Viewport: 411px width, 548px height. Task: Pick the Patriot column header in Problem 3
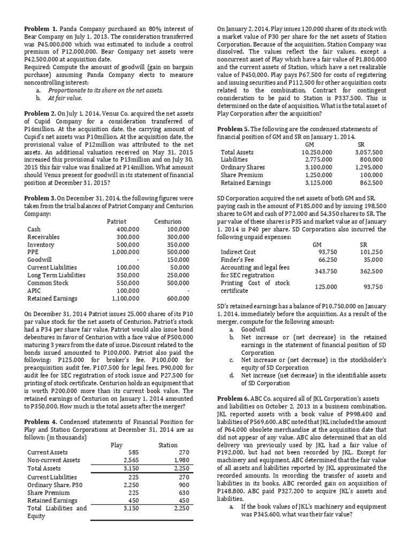coord(117,221)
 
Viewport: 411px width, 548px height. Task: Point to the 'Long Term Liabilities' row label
coord(56,275)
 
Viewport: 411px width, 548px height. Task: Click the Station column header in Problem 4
coord(168,445)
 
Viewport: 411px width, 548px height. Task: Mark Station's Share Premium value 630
coord(183,493)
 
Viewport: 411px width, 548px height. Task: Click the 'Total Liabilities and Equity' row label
coord(57,512)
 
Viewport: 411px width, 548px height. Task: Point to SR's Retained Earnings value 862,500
coord(370,182)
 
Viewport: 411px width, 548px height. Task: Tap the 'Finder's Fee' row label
coord(239,260)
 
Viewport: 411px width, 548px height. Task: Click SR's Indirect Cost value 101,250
coord(371,252)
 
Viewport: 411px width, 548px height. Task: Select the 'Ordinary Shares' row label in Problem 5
coord(242,168)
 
